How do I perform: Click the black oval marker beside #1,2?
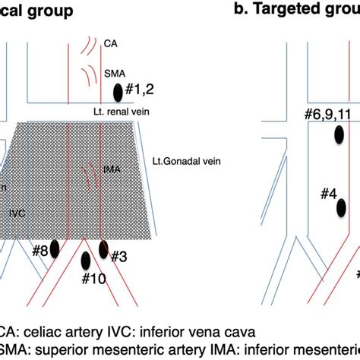(118, 93)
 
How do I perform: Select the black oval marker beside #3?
(104, 248)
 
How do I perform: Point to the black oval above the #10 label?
(85, 261)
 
